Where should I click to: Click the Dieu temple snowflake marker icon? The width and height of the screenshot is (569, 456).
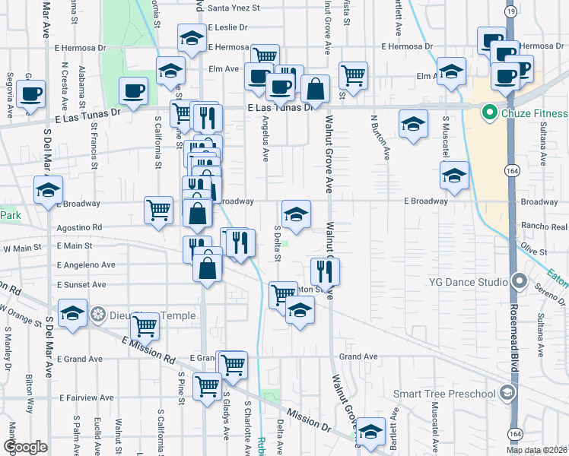pos(97,314)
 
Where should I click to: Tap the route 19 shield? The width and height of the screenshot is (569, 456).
pos(512,12)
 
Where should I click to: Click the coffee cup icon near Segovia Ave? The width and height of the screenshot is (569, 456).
pos(31,93)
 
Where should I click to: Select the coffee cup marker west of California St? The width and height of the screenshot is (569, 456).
pos(134,91)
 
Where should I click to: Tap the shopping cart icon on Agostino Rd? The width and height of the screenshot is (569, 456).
pos(158,209)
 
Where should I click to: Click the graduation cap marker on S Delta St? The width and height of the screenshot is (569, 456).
pos(296,213)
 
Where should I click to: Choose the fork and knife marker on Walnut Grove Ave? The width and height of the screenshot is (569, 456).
pos(325,271)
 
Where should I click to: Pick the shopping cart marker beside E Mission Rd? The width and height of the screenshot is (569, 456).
pos(145,326)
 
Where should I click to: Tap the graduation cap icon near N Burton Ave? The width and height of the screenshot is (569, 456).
pos(413,122)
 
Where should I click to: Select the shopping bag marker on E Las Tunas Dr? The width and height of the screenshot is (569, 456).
pos(315,89)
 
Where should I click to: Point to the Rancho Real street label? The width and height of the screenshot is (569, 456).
pos(544,226)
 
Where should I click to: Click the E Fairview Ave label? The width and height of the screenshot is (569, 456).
pos(85,397)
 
